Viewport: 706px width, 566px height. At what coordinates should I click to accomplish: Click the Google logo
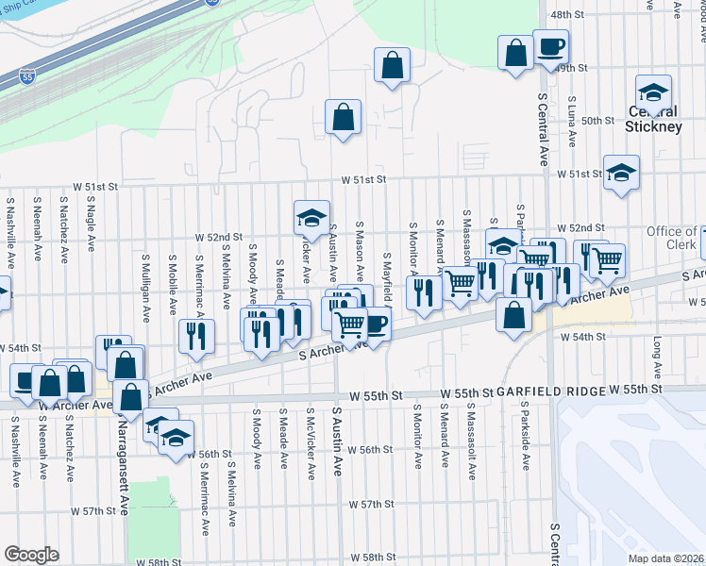point(31,554)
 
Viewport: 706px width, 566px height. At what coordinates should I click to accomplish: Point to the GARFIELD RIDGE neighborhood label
point(552,390)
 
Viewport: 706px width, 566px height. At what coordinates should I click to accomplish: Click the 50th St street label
point(598,121)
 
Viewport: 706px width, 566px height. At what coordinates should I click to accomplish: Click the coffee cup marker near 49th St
point(550,46)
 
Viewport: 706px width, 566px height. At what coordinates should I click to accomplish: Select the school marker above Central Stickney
point(652,92)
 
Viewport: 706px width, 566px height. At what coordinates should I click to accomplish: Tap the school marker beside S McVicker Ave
point(311,219)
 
